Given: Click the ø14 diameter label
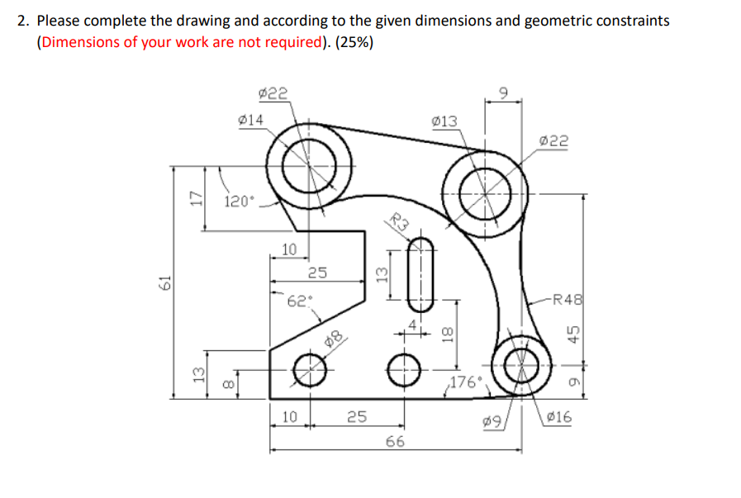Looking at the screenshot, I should point(250,120).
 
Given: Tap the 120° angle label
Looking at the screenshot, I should point(240,201).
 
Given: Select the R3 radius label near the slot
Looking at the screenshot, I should point(400,221).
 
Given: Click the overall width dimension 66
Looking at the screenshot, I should point(395,442).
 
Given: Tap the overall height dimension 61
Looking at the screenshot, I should point(163,282).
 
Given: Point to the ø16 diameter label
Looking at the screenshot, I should point(559,417).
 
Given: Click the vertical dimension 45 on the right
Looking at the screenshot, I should point(572,333).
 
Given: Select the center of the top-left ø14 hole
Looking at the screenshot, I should point(310,164).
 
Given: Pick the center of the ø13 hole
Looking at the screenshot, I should point(484,192).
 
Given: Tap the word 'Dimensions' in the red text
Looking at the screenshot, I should point(77,42).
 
